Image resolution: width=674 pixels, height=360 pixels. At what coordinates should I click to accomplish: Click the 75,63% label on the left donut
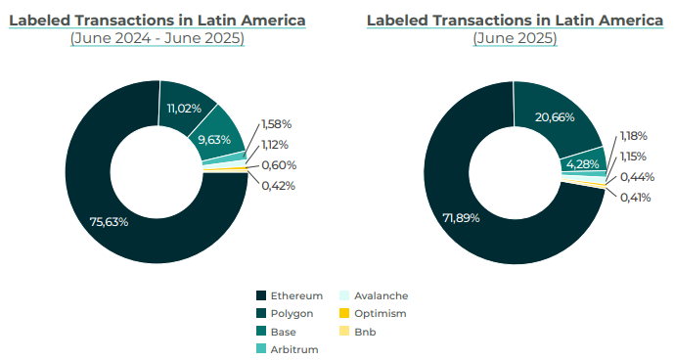click(x=109, y=222)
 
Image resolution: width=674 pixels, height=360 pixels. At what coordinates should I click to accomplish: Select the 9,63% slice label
click(x=213, y=140)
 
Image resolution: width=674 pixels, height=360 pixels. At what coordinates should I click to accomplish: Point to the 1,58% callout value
click(x=277, y=124)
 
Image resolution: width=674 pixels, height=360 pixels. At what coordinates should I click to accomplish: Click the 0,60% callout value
click(x=279, y=165)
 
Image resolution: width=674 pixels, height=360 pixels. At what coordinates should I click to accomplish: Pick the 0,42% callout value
click(x=278, y=186)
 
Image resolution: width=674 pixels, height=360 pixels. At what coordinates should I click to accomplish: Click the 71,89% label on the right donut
click(x=461, y=217)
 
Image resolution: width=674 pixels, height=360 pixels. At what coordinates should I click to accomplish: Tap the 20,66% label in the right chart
click(x=555, y=117)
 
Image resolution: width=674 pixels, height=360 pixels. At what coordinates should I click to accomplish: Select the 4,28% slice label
click(x=583, y=163)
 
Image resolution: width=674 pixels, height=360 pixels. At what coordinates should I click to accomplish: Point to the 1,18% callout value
click(x=634, y=136)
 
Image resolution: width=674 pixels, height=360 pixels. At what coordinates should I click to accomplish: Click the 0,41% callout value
click(x=636, y=198)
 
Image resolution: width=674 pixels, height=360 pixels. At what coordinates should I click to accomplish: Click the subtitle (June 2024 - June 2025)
click(x=157, y=38)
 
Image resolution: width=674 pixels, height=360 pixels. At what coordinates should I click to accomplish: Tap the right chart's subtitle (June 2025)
click(x=515, y=38)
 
